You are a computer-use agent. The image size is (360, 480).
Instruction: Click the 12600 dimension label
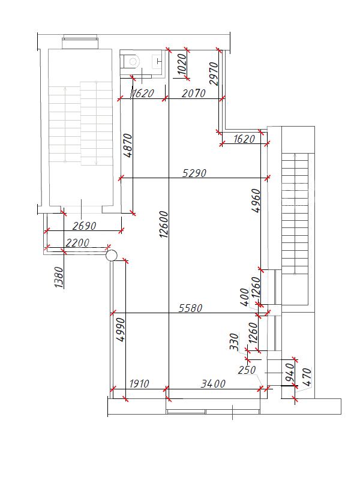click(x=164, y=224)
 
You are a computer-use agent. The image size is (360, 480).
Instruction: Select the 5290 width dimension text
click(x=194, y=173)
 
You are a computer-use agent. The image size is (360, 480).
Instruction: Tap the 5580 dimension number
click(x=190, y=308)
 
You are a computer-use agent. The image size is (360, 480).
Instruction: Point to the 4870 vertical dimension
click(x=127, y=145)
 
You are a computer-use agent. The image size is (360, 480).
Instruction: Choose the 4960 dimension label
click(x=256, y=200)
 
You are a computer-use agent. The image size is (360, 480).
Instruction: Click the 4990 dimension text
click(x=121, y=329)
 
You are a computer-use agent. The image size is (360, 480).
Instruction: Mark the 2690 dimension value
click(x=84, y=226)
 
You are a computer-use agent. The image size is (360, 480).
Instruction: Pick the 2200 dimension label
click(x=77, y=243)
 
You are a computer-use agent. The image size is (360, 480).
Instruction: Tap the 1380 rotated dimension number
click(x=58, y=277)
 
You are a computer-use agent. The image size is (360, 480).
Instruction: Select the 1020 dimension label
click(x=182, y=64)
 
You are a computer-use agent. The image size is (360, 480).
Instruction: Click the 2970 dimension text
click(x=214, y=73)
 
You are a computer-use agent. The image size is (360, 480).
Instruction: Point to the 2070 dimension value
click(x=193, y=93)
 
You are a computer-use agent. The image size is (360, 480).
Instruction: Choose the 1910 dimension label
click(x=139, y=383)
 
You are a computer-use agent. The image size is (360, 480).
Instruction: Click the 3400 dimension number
click(x=213, y=383)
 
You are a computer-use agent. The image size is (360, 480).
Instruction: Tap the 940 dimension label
click(x=289, y=372)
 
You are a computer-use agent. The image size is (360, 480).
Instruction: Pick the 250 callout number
click(x=247, y=370)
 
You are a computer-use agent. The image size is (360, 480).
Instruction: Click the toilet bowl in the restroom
click(x=131, y=62)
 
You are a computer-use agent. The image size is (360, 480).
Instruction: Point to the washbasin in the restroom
click(x=157, y=61)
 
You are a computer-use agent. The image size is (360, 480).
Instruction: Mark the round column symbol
click(x=112, y=256)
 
